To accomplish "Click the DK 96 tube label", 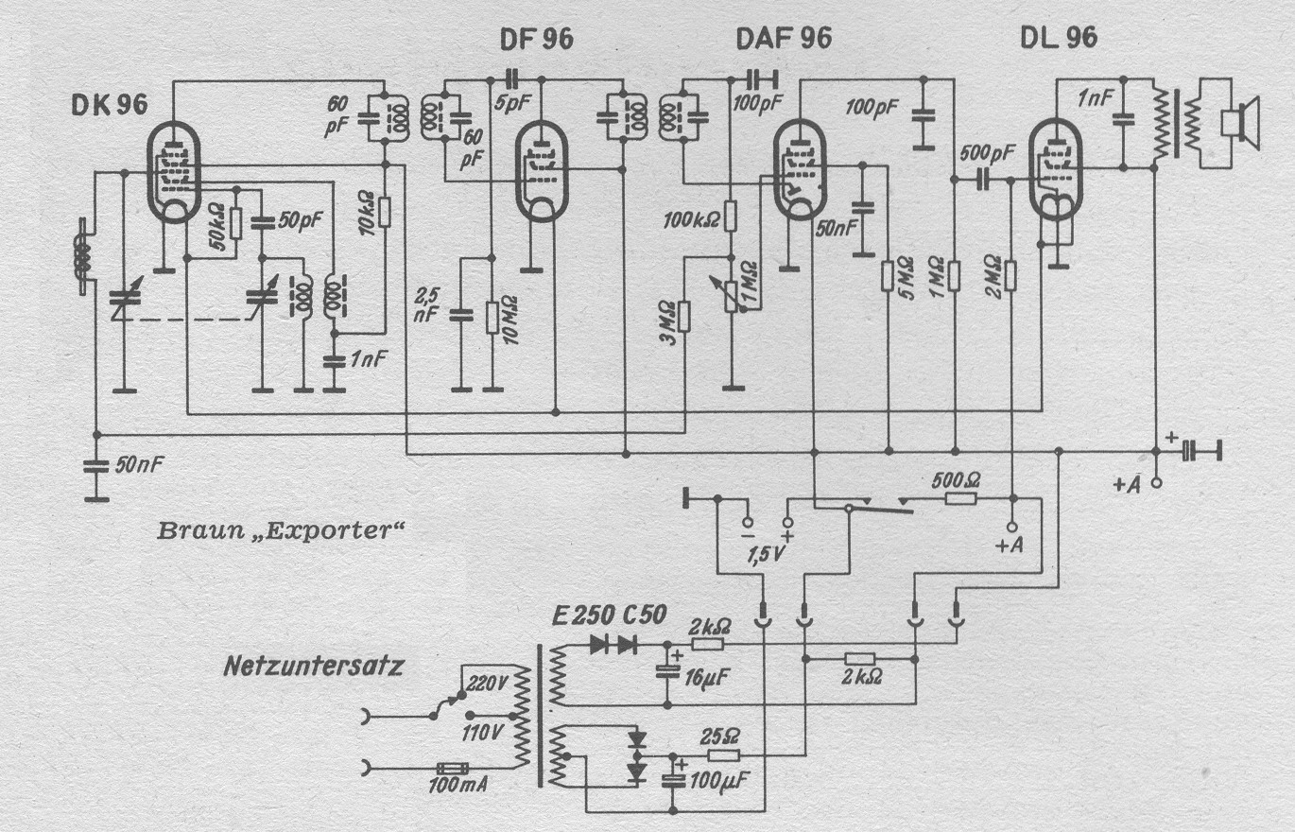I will (110, 105).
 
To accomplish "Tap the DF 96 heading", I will (535, 39).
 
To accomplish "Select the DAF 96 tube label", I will (783, 39).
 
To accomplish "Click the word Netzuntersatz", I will (314, 666).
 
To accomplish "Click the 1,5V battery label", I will (766, 552).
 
